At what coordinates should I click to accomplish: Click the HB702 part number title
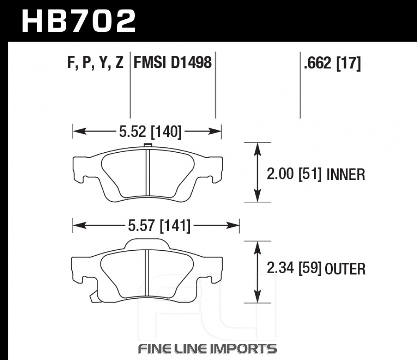pos(79,21)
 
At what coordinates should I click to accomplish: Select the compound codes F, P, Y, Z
pos(95,63)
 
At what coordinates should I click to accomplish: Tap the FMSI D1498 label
pos(173,63)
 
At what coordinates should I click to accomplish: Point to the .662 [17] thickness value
pos(332,63)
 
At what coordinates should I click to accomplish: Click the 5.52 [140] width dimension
pos(150,131)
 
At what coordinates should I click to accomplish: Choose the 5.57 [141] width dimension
pos(159,226)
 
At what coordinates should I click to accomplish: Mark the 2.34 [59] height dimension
pos(294,268)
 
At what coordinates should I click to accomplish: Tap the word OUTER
pos(345,269)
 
